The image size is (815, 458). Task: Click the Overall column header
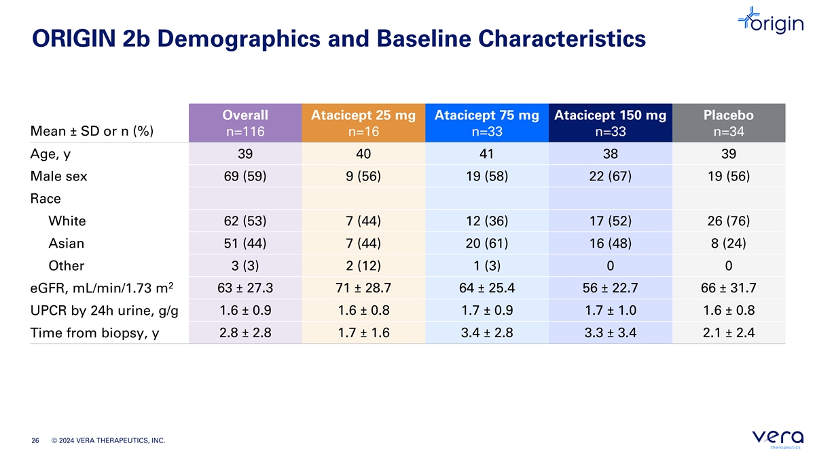[245, 123]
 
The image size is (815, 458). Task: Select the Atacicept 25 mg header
[363, 123]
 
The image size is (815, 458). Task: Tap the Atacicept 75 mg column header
[487, 123]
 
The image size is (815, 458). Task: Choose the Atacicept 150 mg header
[610, 123]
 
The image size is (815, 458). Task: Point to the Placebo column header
[728, 123]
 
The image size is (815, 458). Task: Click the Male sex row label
[58, 176]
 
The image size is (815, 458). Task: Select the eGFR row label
[101, 288]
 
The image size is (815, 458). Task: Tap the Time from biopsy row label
[94, 333]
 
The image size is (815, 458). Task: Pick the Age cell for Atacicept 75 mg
[487, 154]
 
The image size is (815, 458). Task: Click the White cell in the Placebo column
[728, 221]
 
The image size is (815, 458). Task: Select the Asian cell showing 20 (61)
[487, 243]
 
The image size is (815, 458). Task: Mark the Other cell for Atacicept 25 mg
[363, 266]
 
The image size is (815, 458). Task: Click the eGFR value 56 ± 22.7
[610, 288]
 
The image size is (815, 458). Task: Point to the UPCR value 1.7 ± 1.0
[610, 311]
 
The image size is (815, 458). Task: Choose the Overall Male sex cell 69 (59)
[245, 176]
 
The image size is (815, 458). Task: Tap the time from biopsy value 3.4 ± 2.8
[487, 333]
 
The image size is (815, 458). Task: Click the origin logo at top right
[771, 20]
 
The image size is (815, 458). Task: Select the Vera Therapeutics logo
[778, 439]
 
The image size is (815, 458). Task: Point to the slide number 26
[35, 440]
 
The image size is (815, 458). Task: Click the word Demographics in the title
[238, 39]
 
